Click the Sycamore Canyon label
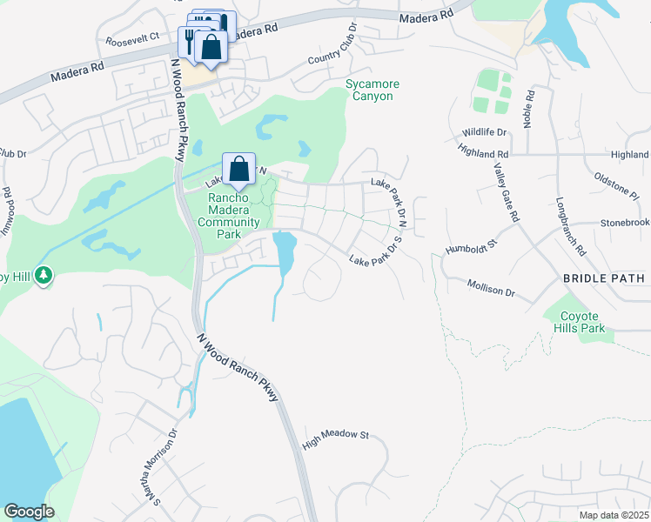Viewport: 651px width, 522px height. tap(372, 90)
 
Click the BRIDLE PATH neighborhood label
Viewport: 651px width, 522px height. tap(603, 278)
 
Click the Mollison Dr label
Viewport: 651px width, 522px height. tap(491, 288)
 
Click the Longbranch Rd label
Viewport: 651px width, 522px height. tap(570, 227)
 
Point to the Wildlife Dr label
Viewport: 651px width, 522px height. tap(485, 131)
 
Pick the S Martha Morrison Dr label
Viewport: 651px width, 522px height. tap(165, 465)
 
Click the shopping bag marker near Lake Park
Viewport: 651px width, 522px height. tap(238, 169)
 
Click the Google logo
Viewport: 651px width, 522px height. tap(29, 512)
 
